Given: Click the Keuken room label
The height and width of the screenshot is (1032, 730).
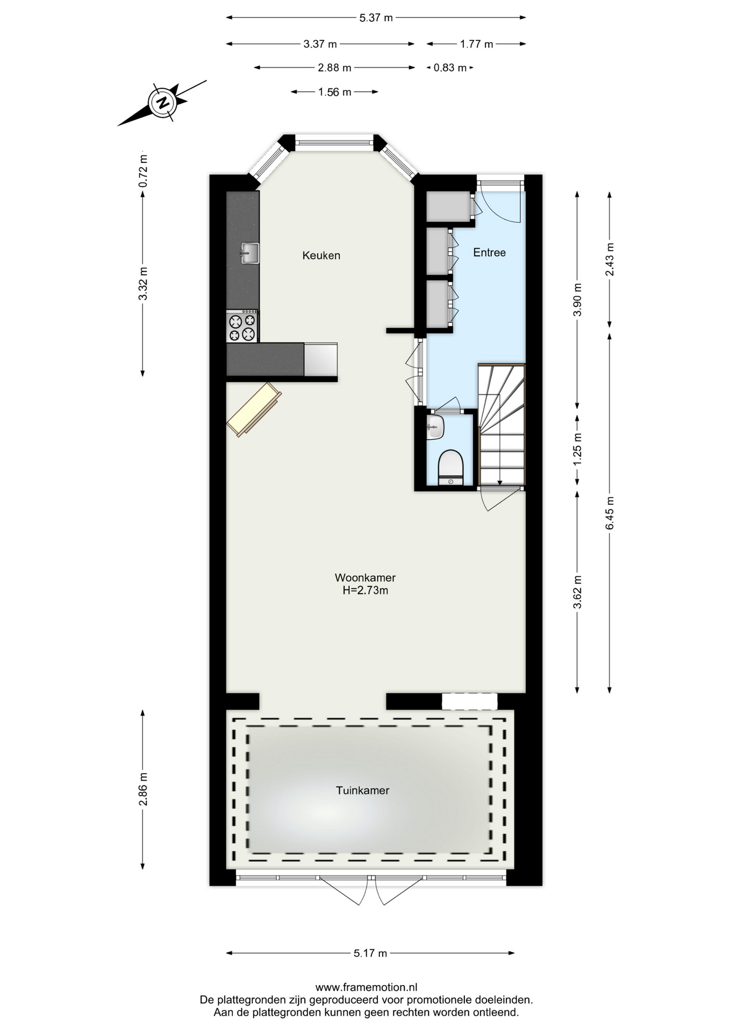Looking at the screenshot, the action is point(321,255).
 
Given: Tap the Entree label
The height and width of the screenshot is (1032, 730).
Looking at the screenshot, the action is point(489,252).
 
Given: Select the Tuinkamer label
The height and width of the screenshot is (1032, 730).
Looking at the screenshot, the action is point(362,790).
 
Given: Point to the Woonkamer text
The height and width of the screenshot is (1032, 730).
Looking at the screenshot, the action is point(365,578).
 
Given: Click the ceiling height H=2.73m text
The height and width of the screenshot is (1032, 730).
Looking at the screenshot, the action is point(366,591).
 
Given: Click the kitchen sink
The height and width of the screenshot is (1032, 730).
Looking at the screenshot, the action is point(249,253).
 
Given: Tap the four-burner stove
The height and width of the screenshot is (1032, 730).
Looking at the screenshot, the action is point(242,326).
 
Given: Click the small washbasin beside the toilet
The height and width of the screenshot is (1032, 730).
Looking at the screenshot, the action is point(435,427).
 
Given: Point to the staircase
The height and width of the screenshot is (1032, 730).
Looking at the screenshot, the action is point(502,425).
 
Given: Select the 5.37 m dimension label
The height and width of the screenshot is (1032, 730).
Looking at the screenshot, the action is point(376,18).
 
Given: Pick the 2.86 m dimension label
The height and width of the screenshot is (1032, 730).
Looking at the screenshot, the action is point(143,789).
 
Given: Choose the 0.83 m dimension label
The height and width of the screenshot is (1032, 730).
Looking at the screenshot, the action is point(450,68).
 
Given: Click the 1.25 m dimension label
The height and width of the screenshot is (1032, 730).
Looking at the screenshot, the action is point(577,449).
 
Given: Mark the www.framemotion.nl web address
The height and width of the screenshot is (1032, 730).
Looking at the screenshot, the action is point(366,987).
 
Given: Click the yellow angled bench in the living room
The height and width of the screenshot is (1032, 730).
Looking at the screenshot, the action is point(254,409).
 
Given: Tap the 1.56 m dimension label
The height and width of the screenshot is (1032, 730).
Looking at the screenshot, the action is point(334,92).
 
